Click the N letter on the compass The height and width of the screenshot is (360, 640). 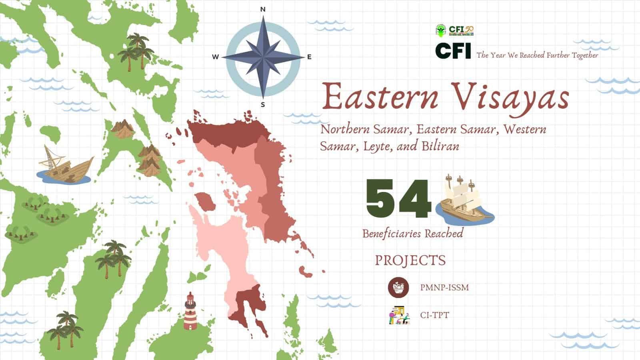263,9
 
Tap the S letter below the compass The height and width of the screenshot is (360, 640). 263,105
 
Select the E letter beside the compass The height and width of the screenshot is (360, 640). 309,57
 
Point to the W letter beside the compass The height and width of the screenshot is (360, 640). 215,57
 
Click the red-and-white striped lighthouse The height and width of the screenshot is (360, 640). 190,312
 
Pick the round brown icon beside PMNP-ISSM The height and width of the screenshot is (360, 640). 398,287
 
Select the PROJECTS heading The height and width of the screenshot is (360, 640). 410,260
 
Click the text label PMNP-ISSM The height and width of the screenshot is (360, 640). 444,287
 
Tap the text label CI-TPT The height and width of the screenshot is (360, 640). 434,315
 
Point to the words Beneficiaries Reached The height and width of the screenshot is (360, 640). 413,233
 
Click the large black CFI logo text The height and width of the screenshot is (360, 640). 453,51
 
